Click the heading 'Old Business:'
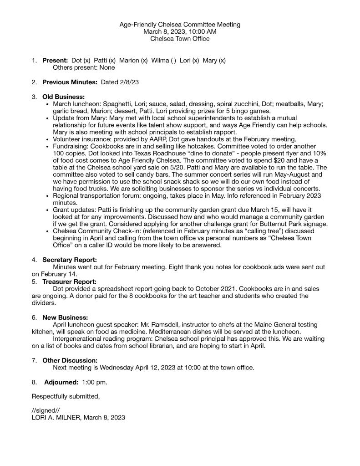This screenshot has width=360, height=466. click(63, 97)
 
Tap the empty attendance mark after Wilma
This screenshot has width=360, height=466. click(173, 60)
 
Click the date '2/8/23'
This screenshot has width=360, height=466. click(129, 82)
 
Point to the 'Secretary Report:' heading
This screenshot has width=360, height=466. click(70, 260)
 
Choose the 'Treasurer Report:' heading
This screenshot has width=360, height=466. click(69, 282)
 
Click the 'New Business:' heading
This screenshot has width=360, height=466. click(65, 317)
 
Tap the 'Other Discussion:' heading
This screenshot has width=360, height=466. click(70, 360)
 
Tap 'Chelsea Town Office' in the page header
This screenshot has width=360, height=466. click(180, 39)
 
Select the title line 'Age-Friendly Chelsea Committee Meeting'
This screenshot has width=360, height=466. click(180, 24)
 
